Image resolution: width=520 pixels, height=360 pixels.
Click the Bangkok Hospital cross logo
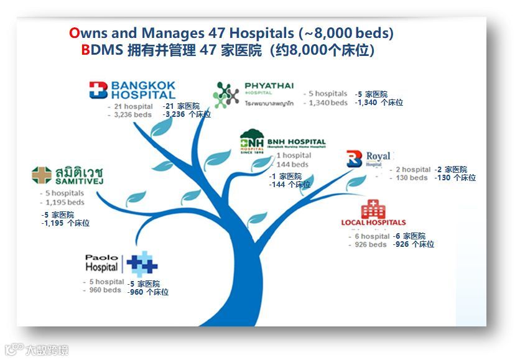98,91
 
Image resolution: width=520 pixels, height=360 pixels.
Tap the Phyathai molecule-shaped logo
226,95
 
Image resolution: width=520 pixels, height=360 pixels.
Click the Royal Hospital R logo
354,159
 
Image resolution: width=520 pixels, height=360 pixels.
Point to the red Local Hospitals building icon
373,209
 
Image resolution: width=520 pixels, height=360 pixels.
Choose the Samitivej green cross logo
42,175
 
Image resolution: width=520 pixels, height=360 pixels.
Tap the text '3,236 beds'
132,115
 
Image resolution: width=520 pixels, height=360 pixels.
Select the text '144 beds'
292,164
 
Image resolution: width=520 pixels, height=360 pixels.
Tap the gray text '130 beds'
411,178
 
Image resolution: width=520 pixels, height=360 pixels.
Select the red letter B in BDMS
85,50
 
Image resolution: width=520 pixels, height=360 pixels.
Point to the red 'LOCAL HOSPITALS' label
373,223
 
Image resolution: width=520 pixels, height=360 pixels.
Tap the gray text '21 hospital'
132,106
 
